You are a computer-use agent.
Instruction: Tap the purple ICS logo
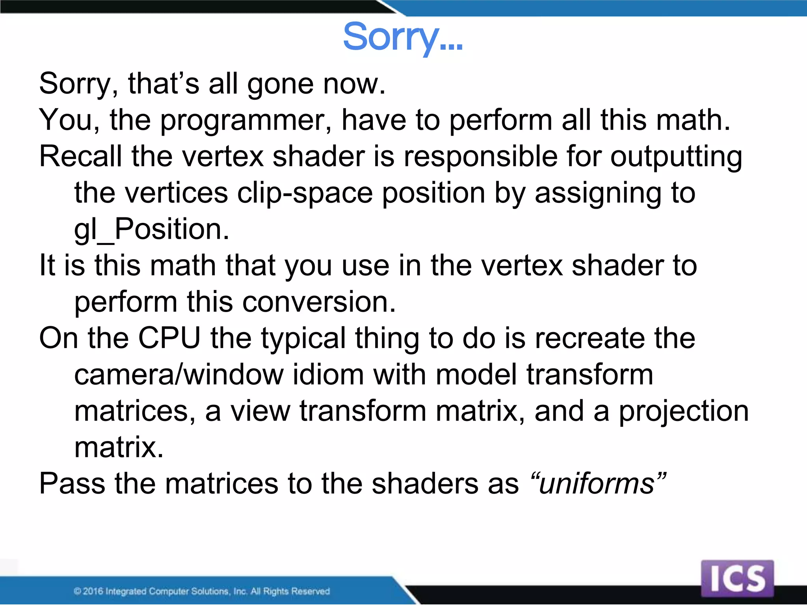point(737,578)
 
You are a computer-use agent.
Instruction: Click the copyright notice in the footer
point(201,591)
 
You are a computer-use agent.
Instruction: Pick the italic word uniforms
point(597,484)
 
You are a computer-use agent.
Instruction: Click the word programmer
point(246,120)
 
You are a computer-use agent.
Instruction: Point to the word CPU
point(169,339)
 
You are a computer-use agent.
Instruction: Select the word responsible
point(480,157)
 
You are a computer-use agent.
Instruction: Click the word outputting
point(676,157)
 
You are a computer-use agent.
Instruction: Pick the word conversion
point(318,302)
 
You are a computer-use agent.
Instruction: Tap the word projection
point(683,411)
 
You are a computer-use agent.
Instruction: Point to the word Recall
point(80,157)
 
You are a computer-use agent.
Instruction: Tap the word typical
point(303,339)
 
